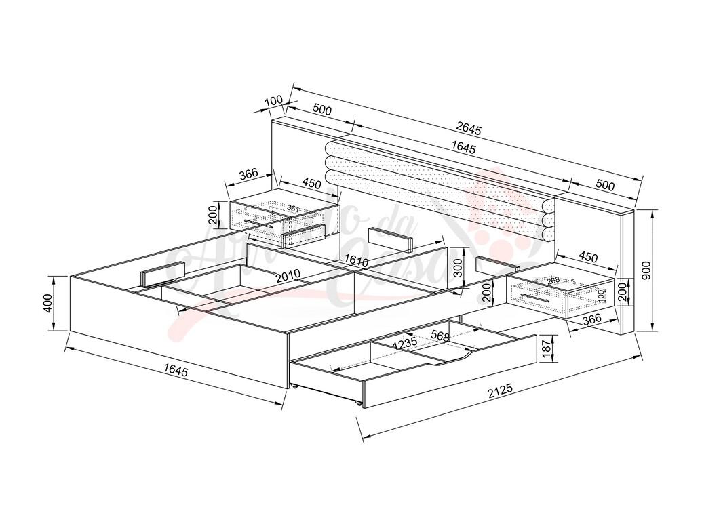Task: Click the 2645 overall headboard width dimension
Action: tap(469, 127)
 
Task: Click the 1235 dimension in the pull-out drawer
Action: tap(405, 344)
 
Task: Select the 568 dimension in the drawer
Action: tap(440, 336)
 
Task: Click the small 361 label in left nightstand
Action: tap(292, 208)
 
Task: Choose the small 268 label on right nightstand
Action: tap(553, 281)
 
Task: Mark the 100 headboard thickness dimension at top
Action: tap(273, 101)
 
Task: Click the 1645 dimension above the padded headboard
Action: tap(463, 148)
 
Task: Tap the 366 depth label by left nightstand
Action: tap(248, 174)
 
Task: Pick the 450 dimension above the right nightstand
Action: tap(587, 258)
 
